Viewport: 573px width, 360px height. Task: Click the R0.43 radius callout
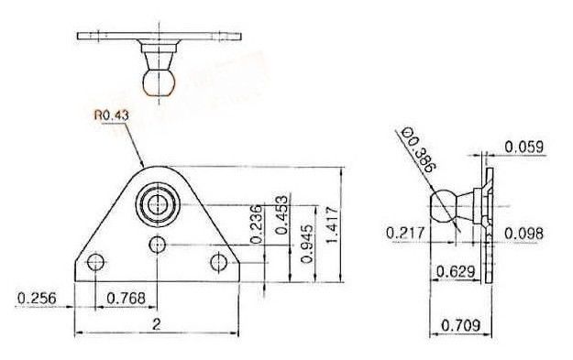click(112, 115)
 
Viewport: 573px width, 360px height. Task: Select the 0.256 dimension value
click(37, 299)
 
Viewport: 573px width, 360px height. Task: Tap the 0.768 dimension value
click(127, 299)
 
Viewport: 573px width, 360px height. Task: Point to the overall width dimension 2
click(157, 324)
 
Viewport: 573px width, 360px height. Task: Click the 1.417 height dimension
click(332, 225)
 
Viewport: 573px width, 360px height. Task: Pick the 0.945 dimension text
click(307, 244)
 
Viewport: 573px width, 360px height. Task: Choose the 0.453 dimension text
click(281, 215)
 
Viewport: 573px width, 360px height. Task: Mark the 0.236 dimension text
click(256, 224)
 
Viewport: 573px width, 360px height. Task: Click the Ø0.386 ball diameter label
click(418, 150)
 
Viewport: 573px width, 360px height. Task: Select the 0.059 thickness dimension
click(524, 147)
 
